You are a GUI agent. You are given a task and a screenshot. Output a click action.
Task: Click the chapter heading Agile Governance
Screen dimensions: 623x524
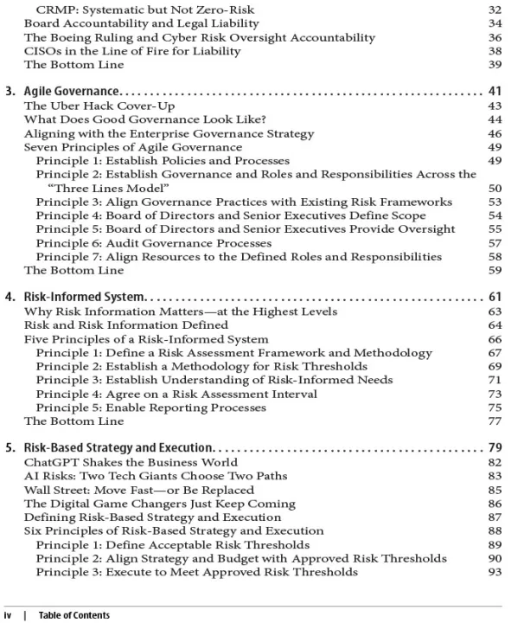click(70, 91)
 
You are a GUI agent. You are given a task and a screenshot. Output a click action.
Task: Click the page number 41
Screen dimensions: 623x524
click(495, 91)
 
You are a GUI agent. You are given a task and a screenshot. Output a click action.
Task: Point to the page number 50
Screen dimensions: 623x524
click(495, 188)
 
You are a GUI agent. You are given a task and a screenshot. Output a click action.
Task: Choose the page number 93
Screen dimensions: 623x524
click(495, 572)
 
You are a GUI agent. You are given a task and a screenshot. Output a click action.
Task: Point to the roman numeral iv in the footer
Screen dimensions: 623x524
click(10, 615)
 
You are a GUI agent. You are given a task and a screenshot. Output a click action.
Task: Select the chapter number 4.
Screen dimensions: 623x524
click(10, 297)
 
